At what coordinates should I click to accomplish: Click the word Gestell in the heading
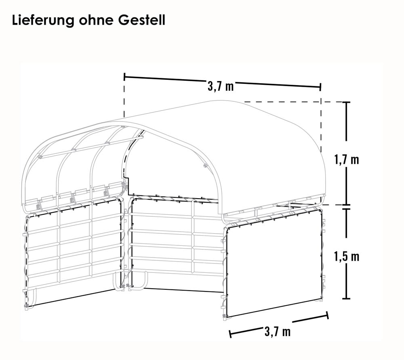tap(142, 20)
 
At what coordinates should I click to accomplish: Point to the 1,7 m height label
tap(346, 159)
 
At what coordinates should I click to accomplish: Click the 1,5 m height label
tap(346, 256)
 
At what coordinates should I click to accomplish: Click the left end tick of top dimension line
tap(125, 76)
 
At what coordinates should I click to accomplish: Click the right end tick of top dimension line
tap(320, 87)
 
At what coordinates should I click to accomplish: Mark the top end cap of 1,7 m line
tap(346, 102)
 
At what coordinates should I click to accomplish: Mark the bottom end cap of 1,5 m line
tap(346, 299)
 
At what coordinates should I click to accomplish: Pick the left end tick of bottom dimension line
tap(230, 334)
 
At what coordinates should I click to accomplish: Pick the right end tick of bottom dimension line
tap(327, 316)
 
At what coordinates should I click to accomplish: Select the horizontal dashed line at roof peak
tap(283, 102)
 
